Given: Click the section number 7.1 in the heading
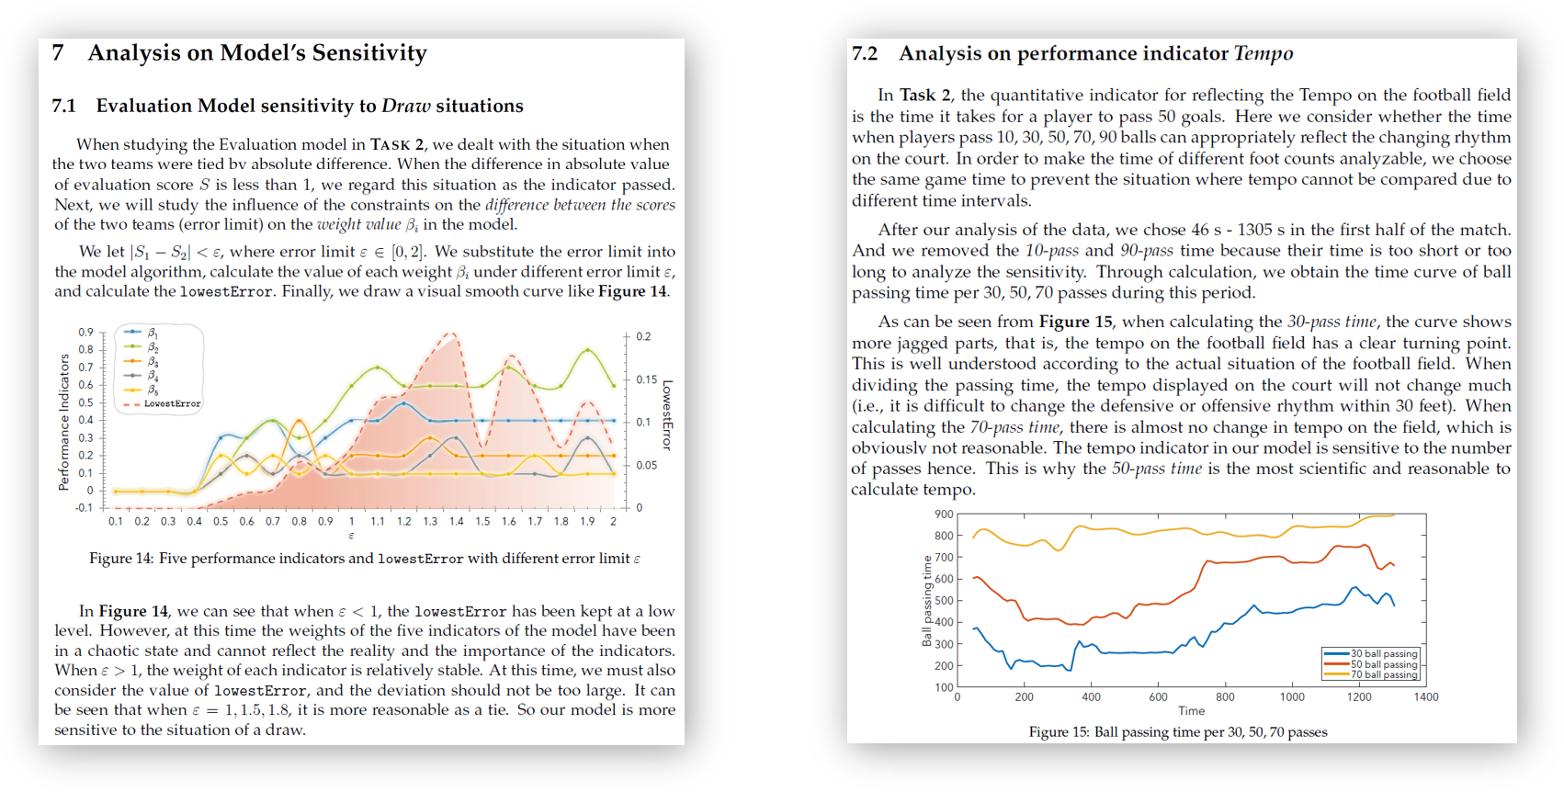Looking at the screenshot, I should [x=63, y=106].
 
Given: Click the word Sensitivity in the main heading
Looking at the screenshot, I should [x=368, y=53].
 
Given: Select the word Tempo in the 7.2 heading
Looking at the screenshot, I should [x=1264, y=53].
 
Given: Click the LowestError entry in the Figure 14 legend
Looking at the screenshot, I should [x=172, y=403].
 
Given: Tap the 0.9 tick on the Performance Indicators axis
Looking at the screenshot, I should [x=85, y=332].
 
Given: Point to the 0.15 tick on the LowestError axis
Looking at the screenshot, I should [x=647, y=379].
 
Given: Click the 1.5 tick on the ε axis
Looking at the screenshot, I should [x=482, y=521].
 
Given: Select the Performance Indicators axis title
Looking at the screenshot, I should [x=63, y=422].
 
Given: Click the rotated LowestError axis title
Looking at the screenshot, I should [x=667, y=414].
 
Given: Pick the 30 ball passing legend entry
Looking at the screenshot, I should [x=1384, y=653].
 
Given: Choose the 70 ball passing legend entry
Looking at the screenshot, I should [x=1384, y=674].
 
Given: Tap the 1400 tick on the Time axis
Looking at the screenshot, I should [x=1425, y=697].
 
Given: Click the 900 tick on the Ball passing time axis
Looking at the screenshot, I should [x=944, y=515].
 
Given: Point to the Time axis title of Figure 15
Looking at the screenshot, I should [x=1191, y=711].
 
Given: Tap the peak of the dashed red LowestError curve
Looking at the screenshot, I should [x=450, y=334].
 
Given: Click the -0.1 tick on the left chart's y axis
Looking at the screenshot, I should [x=84, y=508].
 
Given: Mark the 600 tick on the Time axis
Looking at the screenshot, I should [x=1158, y=697].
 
